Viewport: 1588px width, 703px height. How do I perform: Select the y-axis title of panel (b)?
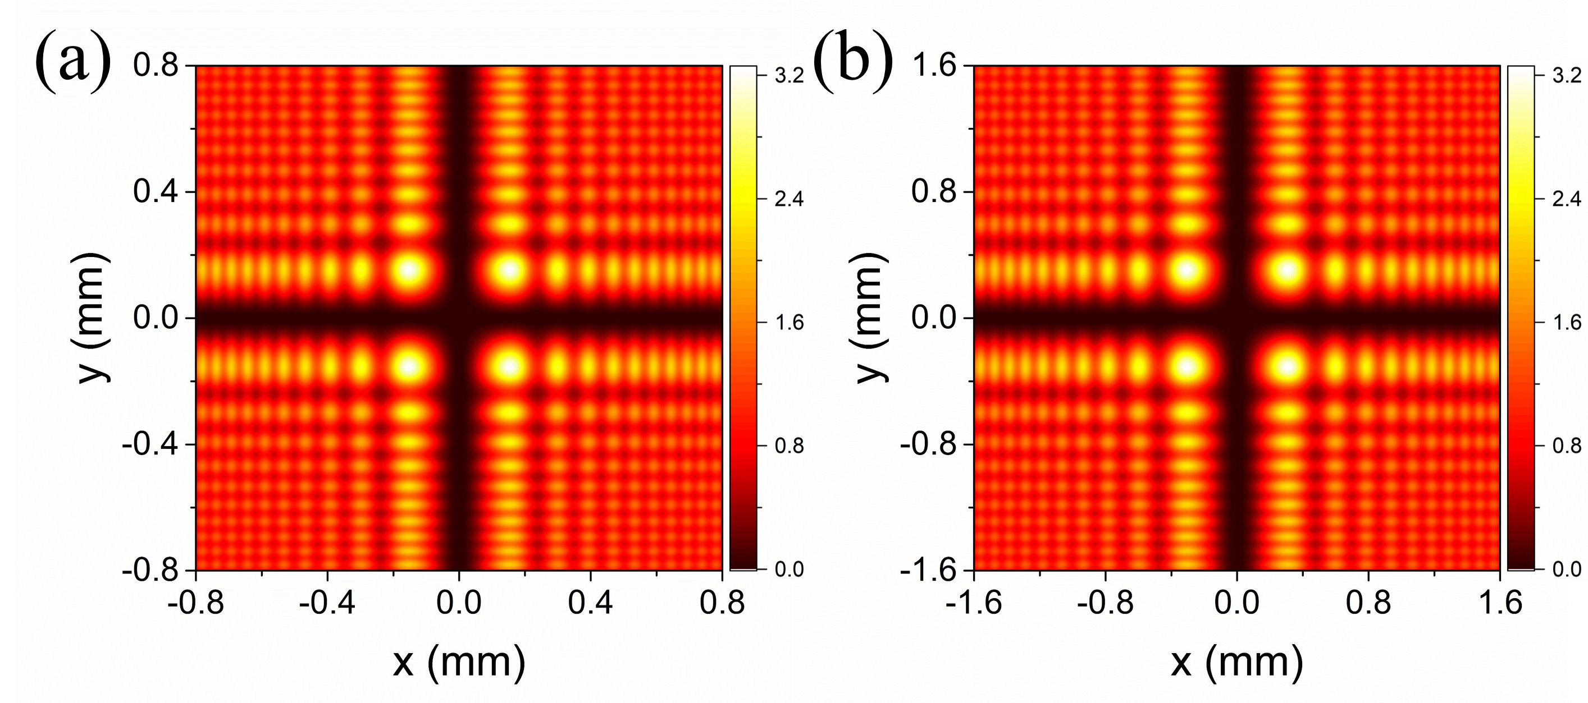[x=870, y=318]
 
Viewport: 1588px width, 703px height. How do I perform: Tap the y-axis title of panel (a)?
[x=93, y=318]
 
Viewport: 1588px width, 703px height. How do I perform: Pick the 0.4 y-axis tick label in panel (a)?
[x=156, y=192]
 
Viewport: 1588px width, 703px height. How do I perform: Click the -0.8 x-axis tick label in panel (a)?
[x=195, y=602]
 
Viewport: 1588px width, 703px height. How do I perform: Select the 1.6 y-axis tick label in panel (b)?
[x=934, y=65]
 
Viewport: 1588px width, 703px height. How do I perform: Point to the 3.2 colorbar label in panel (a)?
[x=789, y=76]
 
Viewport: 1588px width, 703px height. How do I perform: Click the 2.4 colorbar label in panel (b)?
[x=1567, y=199]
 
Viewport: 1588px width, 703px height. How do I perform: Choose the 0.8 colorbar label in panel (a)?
[x=789, y=445]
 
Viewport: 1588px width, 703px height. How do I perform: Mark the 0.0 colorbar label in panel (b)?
[x=1567, y=569]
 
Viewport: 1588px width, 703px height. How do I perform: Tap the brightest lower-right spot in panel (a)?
[x=509, y=366]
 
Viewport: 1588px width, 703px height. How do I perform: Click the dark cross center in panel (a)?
[x=459, y=318]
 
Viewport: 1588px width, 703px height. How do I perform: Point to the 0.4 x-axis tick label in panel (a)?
[x=591, y=602]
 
